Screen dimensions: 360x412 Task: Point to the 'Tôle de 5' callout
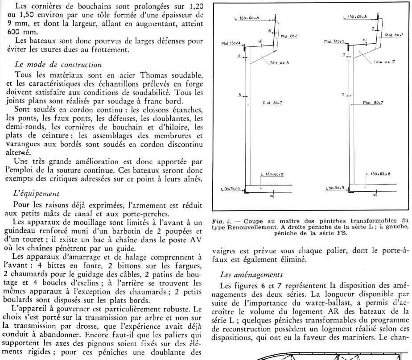tap(279, 62)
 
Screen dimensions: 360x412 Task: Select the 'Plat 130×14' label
tap(231, 43)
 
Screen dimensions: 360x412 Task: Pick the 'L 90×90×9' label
tap(336, 188)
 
